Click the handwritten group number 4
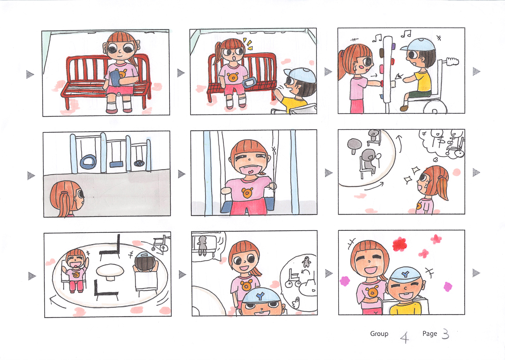pos(404,337)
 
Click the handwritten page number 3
pos(445,334)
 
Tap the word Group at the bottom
pos(379,334)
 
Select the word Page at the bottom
pos(430,333)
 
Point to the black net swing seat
pos(139,163)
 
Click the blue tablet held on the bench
pos(115,78)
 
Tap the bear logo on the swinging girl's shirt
pos(247,193)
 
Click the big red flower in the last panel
pos(399,244)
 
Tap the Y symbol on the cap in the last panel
pos(404,274)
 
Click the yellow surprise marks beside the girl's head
pos(248,44)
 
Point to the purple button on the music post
pos(394,47)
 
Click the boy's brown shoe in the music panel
pos(404,108)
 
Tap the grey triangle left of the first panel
pos(30,74)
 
